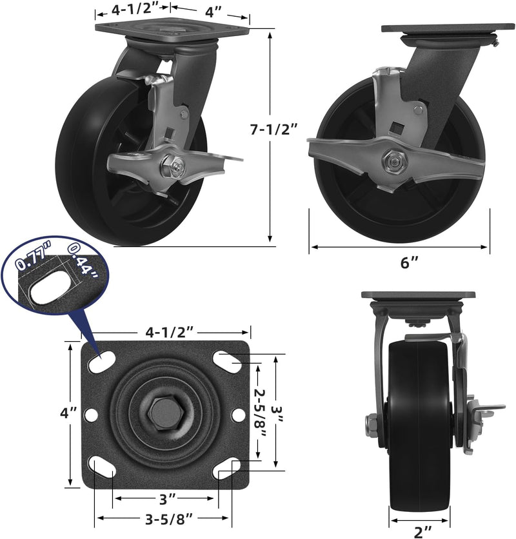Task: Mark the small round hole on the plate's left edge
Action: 91,415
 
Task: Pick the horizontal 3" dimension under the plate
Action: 166,498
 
